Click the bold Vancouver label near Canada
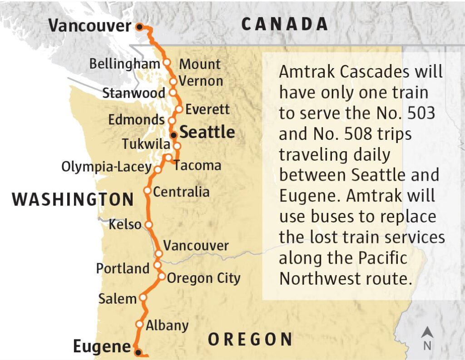tap(89, 25)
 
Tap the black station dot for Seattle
tap(173, 135)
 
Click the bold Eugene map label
tap(102, 347)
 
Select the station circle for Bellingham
tap(167, 62)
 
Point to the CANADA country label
tap(285, 24)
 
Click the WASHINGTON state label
tap(73, 199)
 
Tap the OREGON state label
tap(250, 339)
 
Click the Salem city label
tap(117, 298)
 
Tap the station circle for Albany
tap(139, 324)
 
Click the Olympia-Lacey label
tap(106, 167)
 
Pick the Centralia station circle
tap(147, 191)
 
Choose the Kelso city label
tap(125, 224)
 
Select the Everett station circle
tap(179, 109)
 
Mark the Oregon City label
tap(203, 278)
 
